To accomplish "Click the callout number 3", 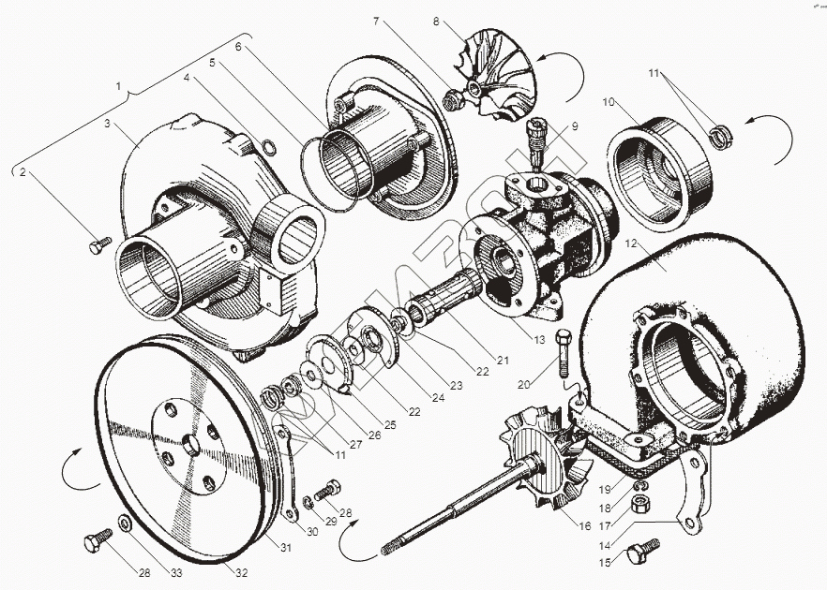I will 109,123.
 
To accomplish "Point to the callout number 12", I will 630,242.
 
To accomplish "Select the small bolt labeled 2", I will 97,247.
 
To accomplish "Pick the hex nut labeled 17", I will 642,505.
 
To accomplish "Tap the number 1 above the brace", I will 118,85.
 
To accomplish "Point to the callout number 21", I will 502,359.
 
